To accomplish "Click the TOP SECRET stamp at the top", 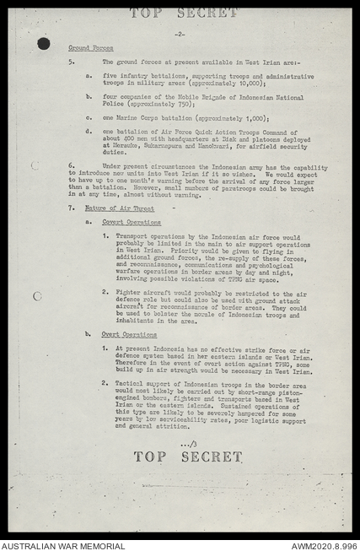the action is [x=184, y=13].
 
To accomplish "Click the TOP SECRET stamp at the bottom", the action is [x=187, y=456].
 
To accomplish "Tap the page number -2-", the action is [x=180, y=35].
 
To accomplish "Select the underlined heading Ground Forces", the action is [x=91, y=48].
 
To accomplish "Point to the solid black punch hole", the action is [x=43, y=43].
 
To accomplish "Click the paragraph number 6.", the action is [x=71, y=166].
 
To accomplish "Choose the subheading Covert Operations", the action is [x=132, y=222].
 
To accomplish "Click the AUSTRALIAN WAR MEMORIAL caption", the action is [x=63, y=545].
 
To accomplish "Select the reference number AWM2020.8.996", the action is [x=324, y=545].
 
